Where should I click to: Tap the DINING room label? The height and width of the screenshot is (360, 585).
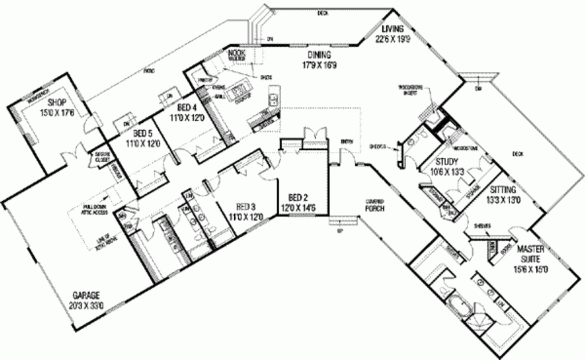[320, 55]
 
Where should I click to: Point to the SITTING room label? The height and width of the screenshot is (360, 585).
[503, 190]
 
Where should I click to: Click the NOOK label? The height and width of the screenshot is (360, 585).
[237, 53]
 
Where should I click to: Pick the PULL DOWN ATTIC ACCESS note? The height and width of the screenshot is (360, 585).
[95, 209]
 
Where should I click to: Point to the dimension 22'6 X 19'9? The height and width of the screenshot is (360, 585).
[392, 39]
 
